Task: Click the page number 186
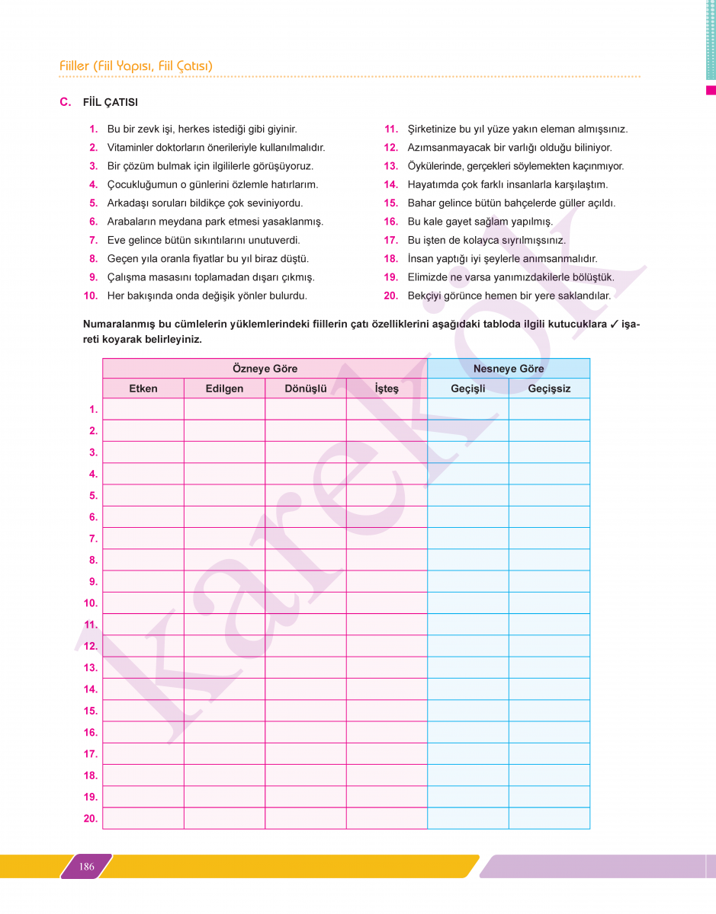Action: click(x=87, y=866)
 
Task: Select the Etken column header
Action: click(x=143, y=388)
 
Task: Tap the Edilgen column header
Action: click(x=224, y=388)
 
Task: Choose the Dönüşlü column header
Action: click(x=306, y=388)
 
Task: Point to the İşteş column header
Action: click(x=387, y=388)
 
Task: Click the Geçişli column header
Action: click(x=468, y=388)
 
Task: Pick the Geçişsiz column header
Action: click(x=549, y=388)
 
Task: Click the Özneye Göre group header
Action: click(x=265, y=369)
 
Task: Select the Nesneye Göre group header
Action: click(x=509, y=369)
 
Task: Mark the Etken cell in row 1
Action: click(x=143, y=409)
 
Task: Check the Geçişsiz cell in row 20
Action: click(x=549, y=819)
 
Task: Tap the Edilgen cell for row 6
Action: click(x=224, y=517)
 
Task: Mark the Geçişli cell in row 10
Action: click(x=468, y=603)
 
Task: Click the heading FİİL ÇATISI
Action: click(x=111, y=102)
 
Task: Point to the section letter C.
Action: click(x=65, y=102)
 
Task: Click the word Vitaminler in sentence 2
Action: click(x=131, y=148)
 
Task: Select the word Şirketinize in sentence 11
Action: click(x=435, y=129)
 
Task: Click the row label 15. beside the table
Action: click(x=91, y=711)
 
